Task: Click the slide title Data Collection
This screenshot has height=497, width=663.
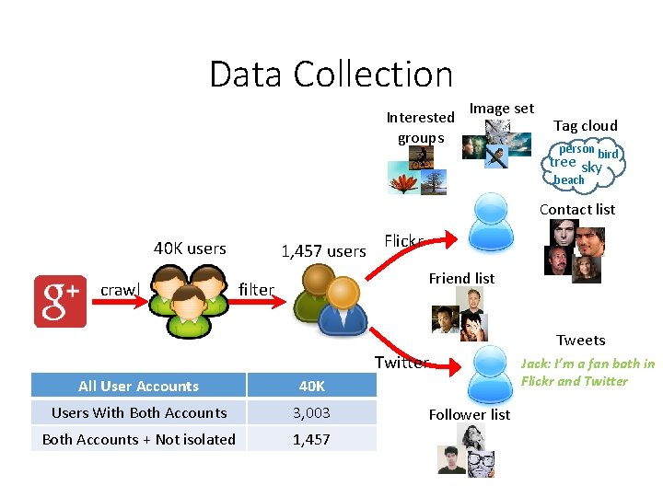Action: [331, 74]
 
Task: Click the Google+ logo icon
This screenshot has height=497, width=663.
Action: [60, 300]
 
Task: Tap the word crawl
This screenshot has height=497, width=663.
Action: [119, 290]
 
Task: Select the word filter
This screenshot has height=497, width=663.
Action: [256, 289]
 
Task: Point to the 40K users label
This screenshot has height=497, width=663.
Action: [190, 248]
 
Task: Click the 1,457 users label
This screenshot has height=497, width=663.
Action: [322, 251]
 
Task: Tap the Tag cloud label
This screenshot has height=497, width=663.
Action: [585, 125]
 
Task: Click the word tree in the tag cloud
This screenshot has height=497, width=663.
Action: [563, 162]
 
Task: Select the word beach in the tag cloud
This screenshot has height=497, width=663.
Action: [569, 179]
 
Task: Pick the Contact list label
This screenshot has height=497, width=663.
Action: [577, 209]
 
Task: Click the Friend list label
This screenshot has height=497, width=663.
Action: [461, 278]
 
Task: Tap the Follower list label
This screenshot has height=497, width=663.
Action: [470, 414]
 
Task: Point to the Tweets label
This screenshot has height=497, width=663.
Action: [581, 340]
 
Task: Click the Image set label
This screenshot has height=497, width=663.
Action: [502, 108]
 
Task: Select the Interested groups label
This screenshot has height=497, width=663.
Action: [420, 127]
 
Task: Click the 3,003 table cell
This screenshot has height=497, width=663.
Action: [311, 412]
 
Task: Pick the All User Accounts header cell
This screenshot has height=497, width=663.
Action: [138, 386]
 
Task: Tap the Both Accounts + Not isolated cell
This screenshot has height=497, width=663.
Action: [138, 439]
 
